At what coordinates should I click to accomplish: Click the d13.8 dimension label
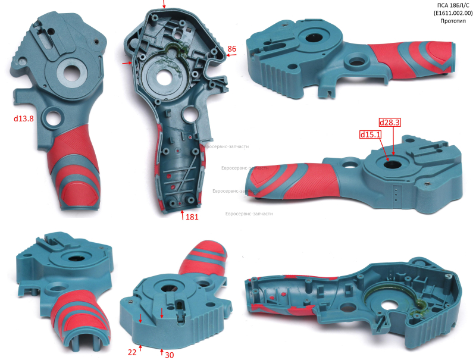pyautogui.click(x=23, y=118)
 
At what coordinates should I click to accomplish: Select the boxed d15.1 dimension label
pyautogui.click(x=370, y=134)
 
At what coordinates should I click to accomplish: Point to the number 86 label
pyautogui.click(x=231, y=49)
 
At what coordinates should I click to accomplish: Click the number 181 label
pyautogui.click(x=192, y=217)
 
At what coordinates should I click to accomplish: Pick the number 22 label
pyautogui.click(x=132, y=352)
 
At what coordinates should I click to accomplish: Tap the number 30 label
pyautogui.click(x=170, y=355)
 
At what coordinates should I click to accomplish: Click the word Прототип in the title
pyautogui.click(x=453, y=21)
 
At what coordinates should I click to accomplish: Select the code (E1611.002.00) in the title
pyautogui.click(x=453, y=13)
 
